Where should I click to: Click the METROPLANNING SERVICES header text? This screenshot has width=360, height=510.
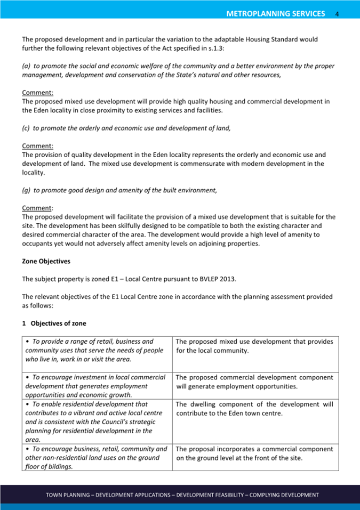[x=275, y=13]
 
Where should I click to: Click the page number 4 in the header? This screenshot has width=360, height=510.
[x=338, y=14]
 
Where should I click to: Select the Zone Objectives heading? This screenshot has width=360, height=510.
[x=46, y=262]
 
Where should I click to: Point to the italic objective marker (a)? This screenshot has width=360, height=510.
[x=26, y=66]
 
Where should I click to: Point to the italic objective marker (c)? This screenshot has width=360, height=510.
[x=26, y=128]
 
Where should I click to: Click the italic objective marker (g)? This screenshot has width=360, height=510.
[x=26, y=190]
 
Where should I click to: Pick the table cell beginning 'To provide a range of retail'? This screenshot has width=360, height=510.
[x=97, y=350]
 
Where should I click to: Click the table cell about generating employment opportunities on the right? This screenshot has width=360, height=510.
[x=255, y=382]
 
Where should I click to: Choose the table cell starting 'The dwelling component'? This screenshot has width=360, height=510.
[x=255, y=409]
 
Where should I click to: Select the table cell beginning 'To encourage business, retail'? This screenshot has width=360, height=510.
[x=97, y=457]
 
